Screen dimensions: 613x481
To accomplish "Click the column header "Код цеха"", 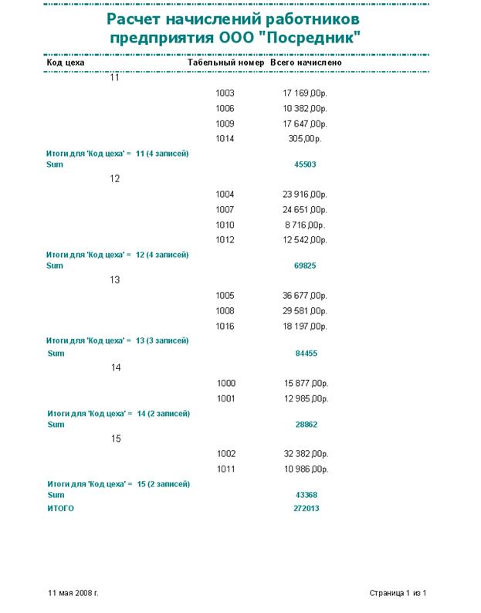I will (66, 63).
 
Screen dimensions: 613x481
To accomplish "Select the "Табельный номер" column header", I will (226, 63).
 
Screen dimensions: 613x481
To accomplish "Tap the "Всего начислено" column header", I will (306, 63).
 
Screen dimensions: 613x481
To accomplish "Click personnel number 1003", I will (225, 93).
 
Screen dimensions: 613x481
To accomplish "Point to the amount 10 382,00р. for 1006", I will (305, 109).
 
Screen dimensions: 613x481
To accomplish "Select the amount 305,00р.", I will (304, 139).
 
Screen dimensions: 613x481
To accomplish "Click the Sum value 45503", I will (305, 164).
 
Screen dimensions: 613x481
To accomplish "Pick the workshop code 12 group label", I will (115, 179).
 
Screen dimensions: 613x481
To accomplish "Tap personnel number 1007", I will (225, 210).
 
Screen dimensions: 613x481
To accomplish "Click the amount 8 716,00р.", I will (305, 225).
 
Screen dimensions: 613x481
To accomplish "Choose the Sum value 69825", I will (305, 266).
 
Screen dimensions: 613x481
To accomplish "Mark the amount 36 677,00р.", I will (305, 296).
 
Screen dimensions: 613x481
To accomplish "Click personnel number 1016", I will (225, 327).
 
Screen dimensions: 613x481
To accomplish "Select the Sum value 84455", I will (307, 354).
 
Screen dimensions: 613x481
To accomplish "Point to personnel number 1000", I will (226, 384).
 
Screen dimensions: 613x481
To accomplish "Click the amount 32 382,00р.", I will (305, 454).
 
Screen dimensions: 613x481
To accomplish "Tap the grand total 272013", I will (307, 509).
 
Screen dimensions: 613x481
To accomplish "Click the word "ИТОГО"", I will (61, 509).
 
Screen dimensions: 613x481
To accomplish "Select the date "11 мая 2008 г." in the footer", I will (73, 593).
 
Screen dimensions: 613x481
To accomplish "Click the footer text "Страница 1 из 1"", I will (398, 593).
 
